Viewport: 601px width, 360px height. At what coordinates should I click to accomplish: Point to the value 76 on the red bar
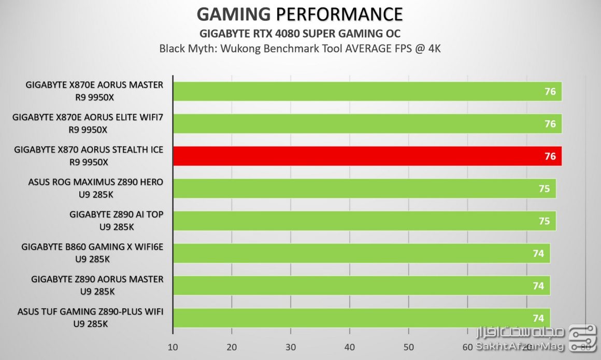coord(550,156)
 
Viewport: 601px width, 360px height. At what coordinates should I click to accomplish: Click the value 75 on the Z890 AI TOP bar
coord(544,221)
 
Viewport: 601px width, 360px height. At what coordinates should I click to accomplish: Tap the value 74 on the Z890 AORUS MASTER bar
coord(538,285)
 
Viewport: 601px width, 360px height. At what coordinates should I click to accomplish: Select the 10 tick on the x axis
coord(173,347)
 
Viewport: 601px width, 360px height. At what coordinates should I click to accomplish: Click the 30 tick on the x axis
coord(291,347)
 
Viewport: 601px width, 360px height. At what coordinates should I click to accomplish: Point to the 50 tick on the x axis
coord(408,347)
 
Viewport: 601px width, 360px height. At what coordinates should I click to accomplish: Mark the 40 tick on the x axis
coord(350,347)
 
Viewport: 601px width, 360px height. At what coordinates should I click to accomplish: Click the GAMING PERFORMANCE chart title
coord(300,13)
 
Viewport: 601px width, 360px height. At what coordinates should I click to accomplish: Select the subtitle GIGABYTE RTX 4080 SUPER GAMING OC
coord(300,34)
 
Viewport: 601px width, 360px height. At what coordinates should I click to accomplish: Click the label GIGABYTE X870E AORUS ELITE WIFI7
coord(88,118)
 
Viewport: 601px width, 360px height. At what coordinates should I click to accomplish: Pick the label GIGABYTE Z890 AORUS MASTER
coord(97,279)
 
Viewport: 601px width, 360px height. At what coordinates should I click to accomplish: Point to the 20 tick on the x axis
coord(232,347)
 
